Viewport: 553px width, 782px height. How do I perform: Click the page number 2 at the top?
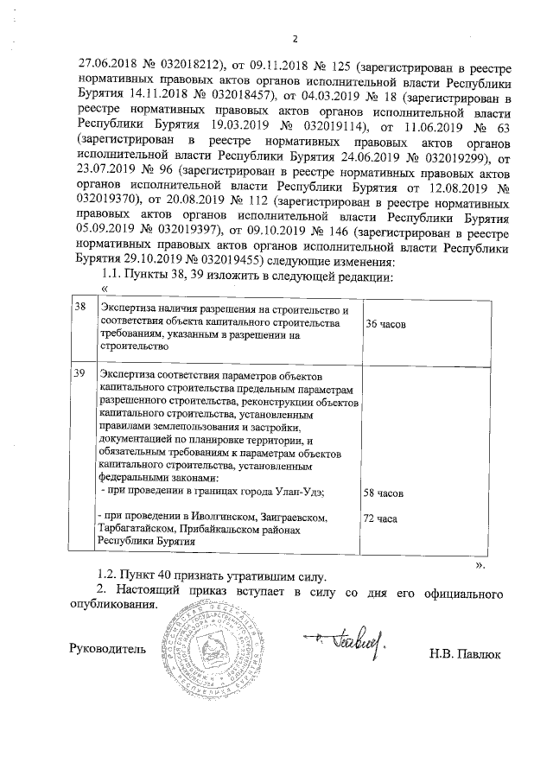(295, 38)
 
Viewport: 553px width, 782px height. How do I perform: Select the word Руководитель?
(107, 647)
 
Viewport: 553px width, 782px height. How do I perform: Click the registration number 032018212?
(189, 63)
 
